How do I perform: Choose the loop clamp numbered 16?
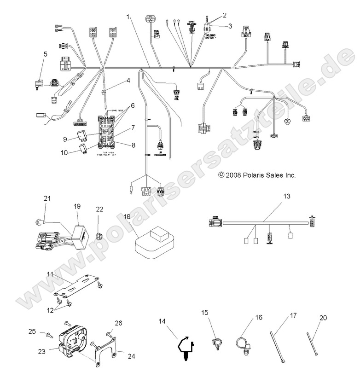[x=242, y=343]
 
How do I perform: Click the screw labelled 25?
[x=47, y=334]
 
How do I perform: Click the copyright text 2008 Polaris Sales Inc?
[x=257, y=175]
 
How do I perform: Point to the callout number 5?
[x=45, y=54]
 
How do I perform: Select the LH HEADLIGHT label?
[x=161, y=159]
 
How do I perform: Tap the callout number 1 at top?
[x=128, y=17]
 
